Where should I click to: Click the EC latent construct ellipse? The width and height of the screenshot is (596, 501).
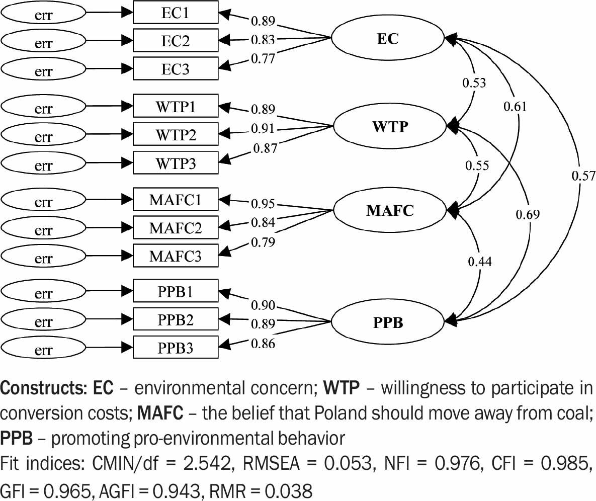click(x=388, y=38)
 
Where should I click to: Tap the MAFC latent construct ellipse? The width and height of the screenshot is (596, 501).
click(x=390, y=210)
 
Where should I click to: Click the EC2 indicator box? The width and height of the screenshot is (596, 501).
click(x=176, y=41)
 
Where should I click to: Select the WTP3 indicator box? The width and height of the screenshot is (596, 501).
click(x=176, y=163)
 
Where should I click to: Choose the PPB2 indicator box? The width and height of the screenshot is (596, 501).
click(x=176, y=319)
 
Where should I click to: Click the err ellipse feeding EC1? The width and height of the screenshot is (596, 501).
click(x=44, y=15)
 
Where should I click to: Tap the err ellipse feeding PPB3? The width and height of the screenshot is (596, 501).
click(x=44, y=348)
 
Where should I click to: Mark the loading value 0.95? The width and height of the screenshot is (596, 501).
click(x=263, y=204)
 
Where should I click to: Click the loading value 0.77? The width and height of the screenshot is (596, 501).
click(x=263, y=59)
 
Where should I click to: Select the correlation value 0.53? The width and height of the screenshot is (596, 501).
click(x=474, y=82)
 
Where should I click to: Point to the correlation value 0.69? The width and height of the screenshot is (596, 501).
click(x=528, y=215)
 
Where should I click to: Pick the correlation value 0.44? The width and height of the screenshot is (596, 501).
click(x=480, y=262)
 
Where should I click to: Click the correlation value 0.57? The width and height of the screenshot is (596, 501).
click(x=583, y=176)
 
